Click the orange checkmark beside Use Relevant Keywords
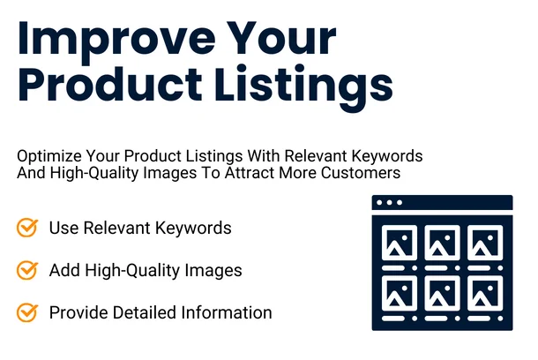tap(27, 228)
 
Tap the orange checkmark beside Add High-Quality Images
tap(27, 270)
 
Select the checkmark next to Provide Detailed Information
tap(27, 312)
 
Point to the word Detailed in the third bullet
tap(139, 312)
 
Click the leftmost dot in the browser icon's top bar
tap(379, 203)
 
